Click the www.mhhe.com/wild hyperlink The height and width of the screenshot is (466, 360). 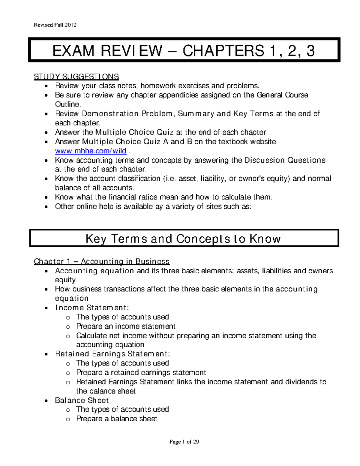(91, 151)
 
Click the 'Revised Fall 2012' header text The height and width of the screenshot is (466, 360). (55, 25)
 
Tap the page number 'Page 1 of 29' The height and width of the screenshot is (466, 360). (184, 442)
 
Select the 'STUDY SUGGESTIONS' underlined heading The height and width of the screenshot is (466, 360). (76, 77)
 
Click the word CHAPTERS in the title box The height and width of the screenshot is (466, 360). (223, 50)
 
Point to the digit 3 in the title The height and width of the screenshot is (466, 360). (310, 50)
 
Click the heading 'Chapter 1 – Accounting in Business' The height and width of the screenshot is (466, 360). (102, 261)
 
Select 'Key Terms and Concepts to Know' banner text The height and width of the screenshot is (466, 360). (183, 239)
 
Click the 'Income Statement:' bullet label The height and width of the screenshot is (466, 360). (92, 308)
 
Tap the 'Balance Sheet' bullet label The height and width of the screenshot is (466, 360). (82, 400)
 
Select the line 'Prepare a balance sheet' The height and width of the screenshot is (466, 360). (117, 419)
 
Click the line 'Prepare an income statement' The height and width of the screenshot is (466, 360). (126, 326)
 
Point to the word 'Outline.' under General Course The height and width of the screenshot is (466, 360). (68, 104)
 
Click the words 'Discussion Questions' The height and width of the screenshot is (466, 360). (285, 160)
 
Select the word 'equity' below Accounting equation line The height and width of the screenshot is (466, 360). (65, 280)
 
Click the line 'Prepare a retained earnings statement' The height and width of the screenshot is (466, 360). (141, 372)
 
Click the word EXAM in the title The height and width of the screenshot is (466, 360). (73, 50)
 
